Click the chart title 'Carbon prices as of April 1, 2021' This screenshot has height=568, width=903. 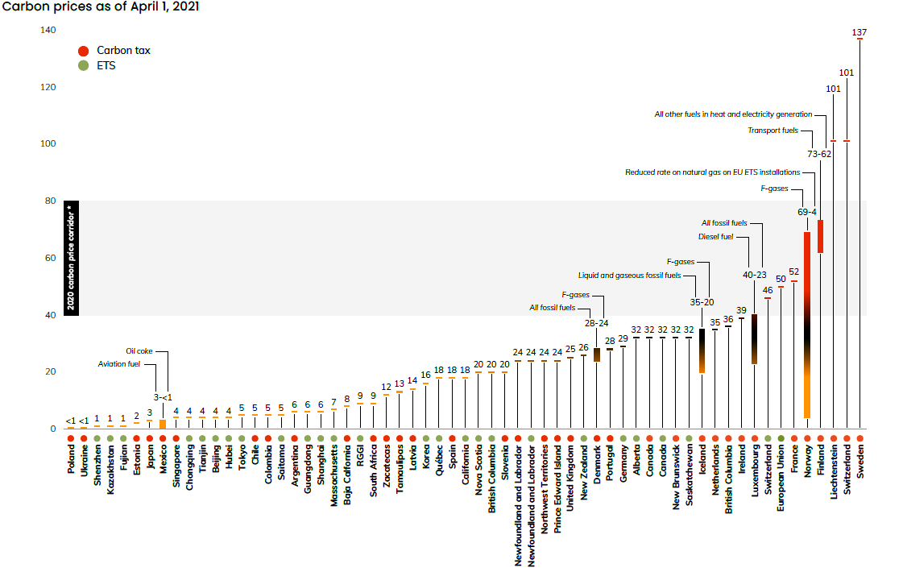tap(101, 6)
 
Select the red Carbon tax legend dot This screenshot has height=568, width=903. tap(84, 51)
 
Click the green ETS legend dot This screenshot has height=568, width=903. tap(84, 66)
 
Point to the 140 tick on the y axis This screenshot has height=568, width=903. tap(48, 31)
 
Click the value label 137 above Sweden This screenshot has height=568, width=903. tap(860, 32)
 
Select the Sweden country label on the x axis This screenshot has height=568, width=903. tap(860, 462)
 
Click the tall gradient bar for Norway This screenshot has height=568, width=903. tap(807, 322)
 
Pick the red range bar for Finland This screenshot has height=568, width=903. tap(820, 236)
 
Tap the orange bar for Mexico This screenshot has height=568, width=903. tap(163, 424)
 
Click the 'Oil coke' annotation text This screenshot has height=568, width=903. tap(139, 351)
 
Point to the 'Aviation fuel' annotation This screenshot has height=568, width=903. tap(118, 364)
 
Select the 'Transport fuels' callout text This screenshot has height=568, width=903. tap(773, 130)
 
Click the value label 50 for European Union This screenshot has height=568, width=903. tap(781, 279)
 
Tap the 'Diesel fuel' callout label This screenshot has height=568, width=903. tap(716, 236)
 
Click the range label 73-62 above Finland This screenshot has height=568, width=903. tap(819, 153)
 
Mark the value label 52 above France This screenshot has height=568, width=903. tap(793, 272)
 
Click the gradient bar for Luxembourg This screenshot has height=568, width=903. tap(754, 338)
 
